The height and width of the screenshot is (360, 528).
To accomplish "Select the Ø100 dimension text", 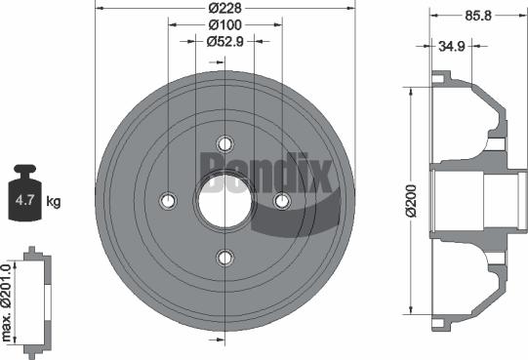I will click(x=224, y=25).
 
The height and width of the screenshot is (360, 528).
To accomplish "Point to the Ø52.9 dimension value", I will click(x=224, y=41).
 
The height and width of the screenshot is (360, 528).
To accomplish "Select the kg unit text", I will click(x=54, y=202).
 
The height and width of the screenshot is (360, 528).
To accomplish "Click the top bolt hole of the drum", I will click(x=225, y=142).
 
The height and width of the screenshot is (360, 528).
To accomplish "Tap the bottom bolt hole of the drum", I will click(x=225, y=257).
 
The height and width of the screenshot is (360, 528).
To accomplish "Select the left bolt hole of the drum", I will click(x=168, y=200).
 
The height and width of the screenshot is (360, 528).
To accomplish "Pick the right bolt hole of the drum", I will click(x=282, y=200).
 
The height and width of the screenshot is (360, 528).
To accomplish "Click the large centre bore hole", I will click(x=225, y=200).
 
